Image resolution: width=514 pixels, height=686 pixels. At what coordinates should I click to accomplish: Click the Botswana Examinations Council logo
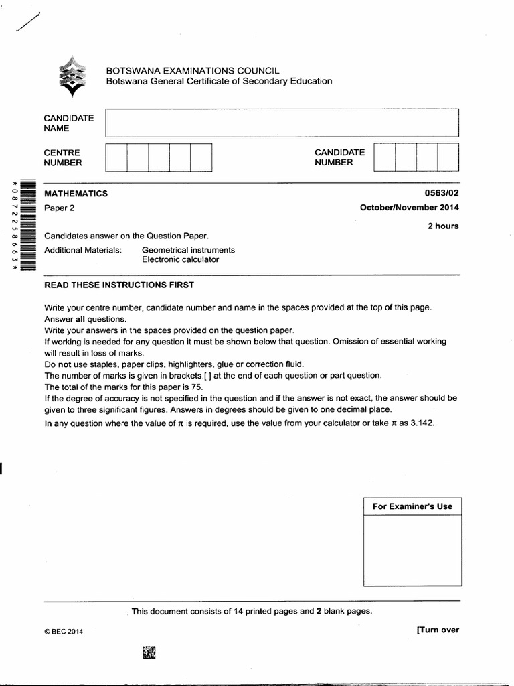72,75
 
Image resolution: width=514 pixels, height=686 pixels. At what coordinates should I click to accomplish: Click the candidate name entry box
282,123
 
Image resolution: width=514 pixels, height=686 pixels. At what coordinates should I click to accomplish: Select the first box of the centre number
116,157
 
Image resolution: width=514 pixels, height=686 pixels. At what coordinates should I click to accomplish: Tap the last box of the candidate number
448,157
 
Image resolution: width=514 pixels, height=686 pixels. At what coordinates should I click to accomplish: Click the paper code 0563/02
442,194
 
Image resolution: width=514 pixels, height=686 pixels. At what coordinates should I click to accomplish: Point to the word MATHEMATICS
76,194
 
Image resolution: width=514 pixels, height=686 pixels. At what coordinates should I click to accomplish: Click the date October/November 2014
409,208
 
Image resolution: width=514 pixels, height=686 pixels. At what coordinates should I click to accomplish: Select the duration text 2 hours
443,226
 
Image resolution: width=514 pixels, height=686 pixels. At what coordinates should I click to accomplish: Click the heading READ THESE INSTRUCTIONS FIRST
118,285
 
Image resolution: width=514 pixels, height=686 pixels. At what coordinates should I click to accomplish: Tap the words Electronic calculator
180,260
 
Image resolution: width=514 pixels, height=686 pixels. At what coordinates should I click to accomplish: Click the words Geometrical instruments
188,250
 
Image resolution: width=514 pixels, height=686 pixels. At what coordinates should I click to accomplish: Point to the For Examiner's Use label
412,506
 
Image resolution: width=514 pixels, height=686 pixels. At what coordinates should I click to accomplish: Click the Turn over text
437,630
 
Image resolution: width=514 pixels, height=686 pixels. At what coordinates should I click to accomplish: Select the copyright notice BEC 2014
64,631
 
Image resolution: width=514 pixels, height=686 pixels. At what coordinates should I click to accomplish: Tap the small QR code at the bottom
149,652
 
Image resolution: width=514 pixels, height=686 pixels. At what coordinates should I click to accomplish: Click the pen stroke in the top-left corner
25,23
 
